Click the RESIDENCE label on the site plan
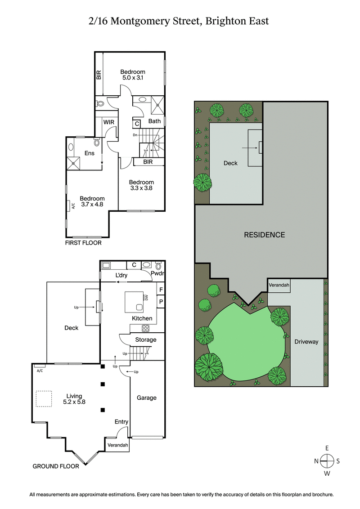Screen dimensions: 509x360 point(264,235)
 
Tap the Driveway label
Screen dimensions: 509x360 point(306,342)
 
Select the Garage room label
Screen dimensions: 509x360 point(147,397)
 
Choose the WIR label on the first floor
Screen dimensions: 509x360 point(108,122)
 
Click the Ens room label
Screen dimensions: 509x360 point(90,153)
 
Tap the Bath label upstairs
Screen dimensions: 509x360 point(154,121)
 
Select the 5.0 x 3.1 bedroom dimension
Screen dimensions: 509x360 point(133,78)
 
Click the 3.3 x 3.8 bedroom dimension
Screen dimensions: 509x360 point(141,188)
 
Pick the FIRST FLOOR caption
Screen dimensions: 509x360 point(83,243)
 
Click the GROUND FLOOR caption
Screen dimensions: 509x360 point(56,466)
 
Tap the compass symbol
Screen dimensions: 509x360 point(327,460)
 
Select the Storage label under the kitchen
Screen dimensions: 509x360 point(146,339)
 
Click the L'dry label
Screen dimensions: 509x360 point(121,275)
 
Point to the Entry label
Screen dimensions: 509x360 point(121,422)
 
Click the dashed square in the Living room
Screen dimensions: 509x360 point(44,399)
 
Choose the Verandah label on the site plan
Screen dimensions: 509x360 point(279,285)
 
